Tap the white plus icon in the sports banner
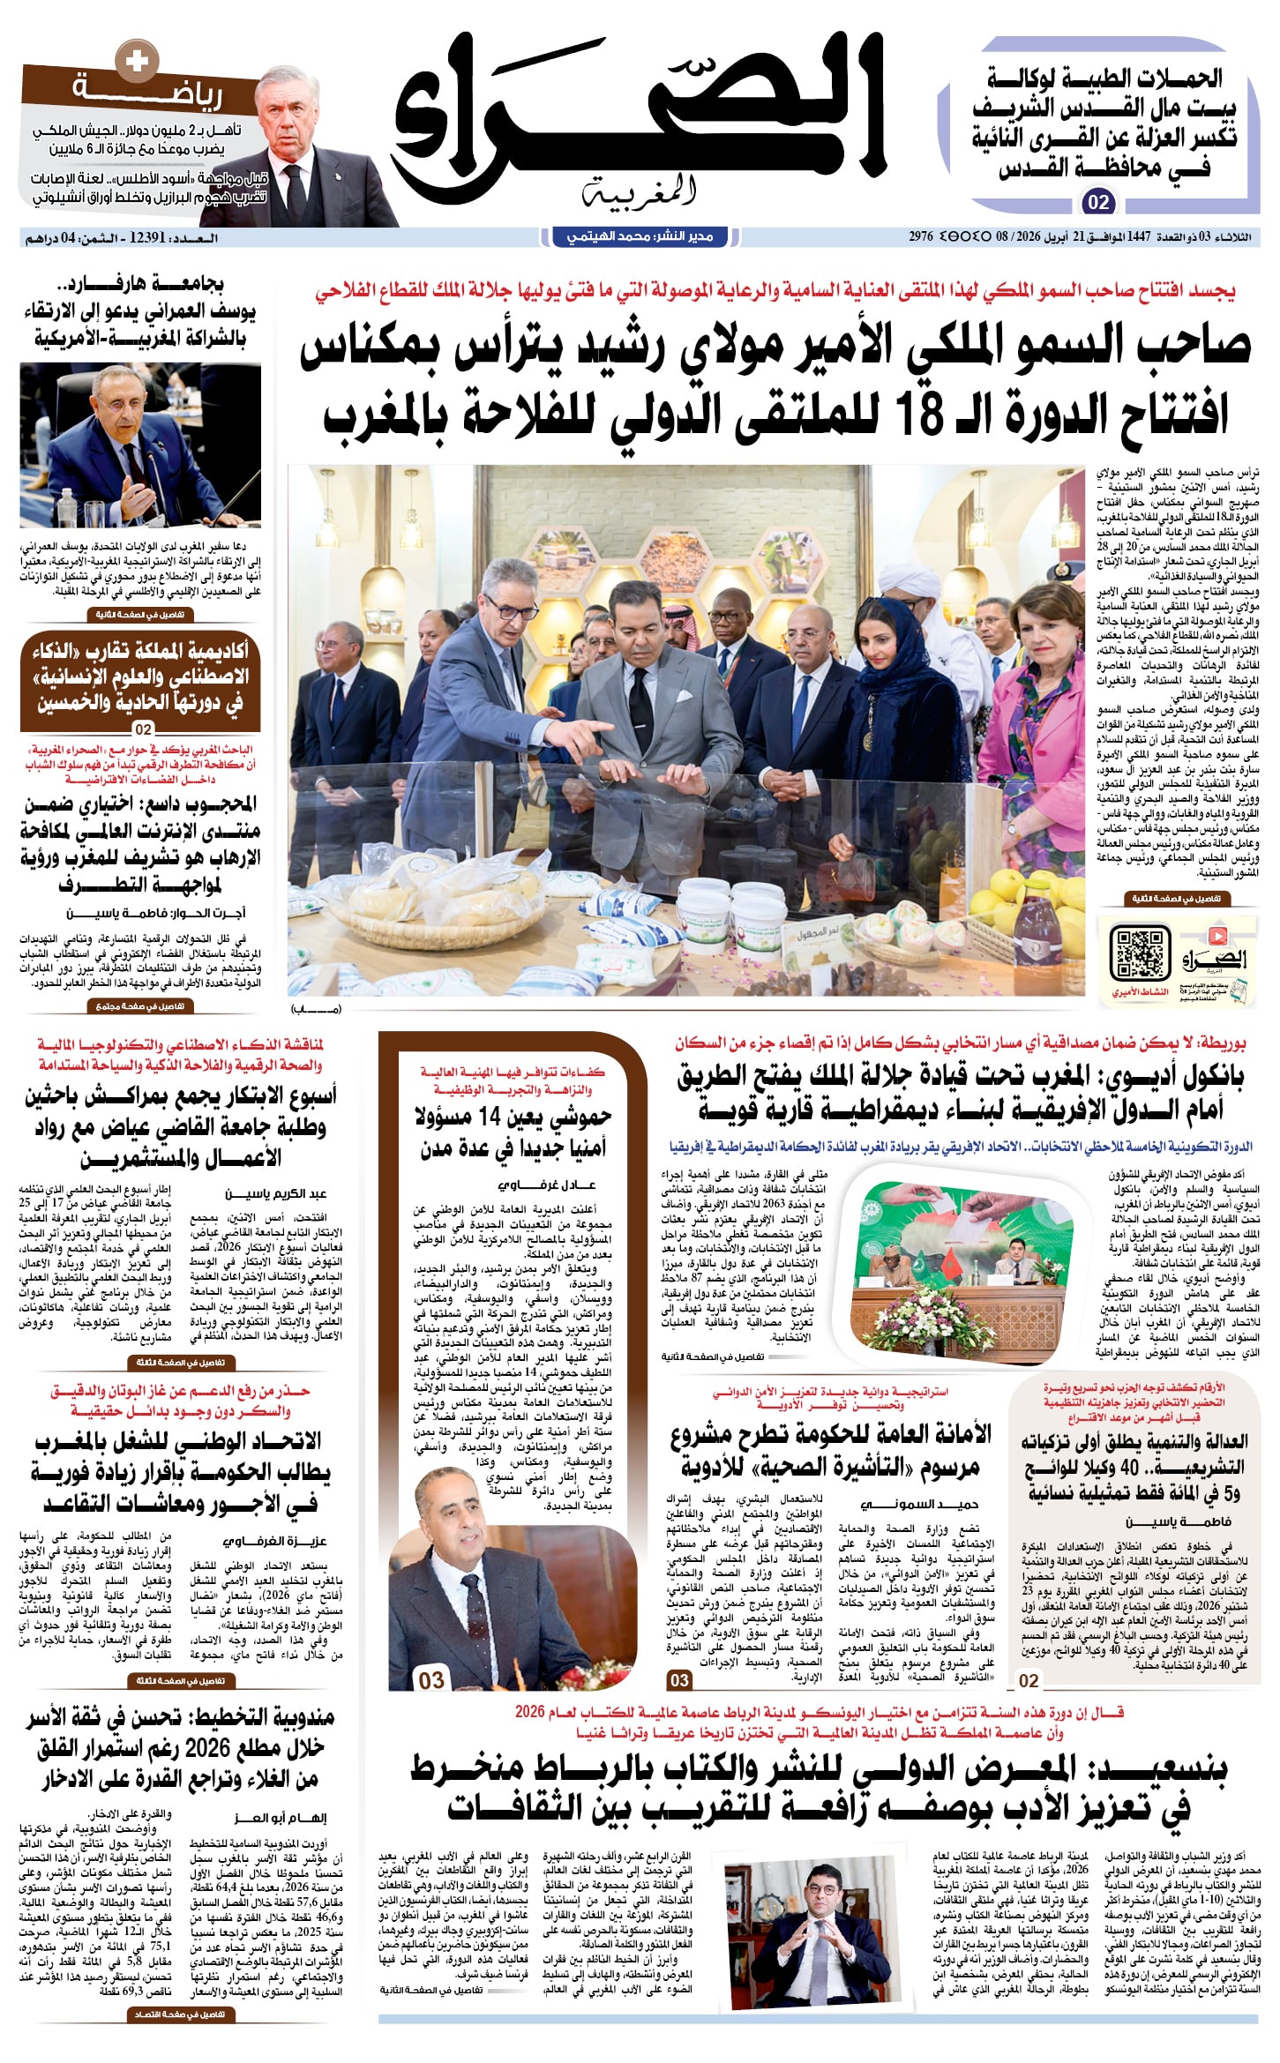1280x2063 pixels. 137,62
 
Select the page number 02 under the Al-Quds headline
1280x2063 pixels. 1098,203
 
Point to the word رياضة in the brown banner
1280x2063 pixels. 146,92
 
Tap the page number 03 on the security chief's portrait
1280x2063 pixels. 431,1679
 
